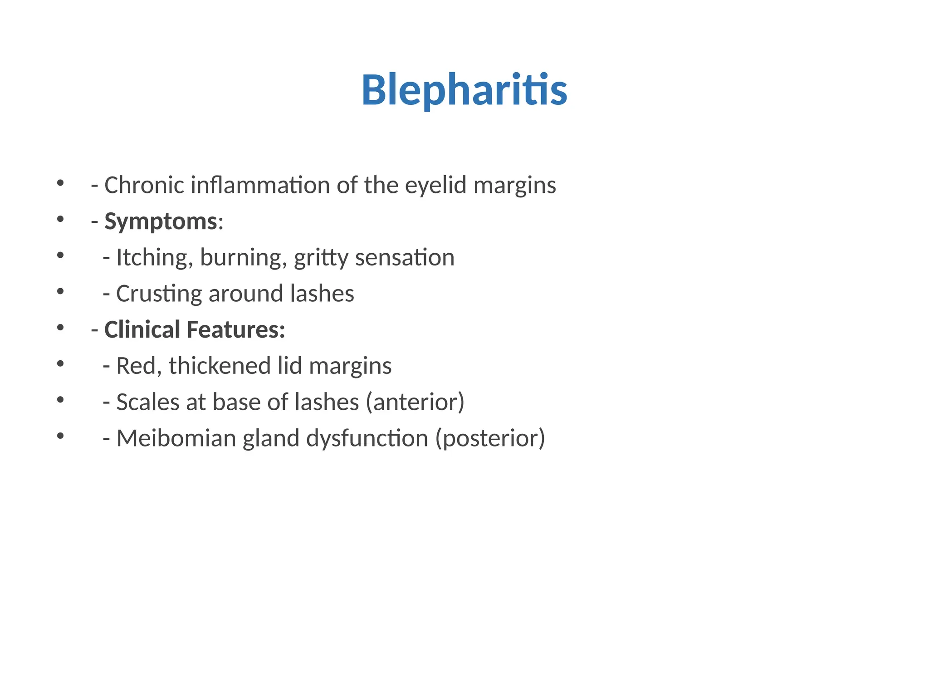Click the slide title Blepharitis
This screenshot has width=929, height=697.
464,90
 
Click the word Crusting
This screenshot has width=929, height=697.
159,294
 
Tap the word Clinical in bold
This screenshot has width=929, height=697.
142,329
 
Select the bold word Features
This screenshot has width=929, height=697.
235,329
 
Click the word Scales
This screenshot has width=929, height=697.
148,402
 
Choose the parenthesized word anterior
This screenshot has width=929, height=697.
415,402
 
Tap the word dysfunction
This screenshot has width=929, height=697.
367,438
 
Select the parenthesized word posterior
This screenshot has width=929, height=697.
490,438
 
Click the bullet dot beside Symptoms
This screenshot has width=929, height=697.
60,219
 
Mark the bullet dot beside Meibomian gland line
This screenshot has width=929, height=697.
60,436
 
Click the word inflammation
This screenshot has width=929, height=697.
260,185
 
